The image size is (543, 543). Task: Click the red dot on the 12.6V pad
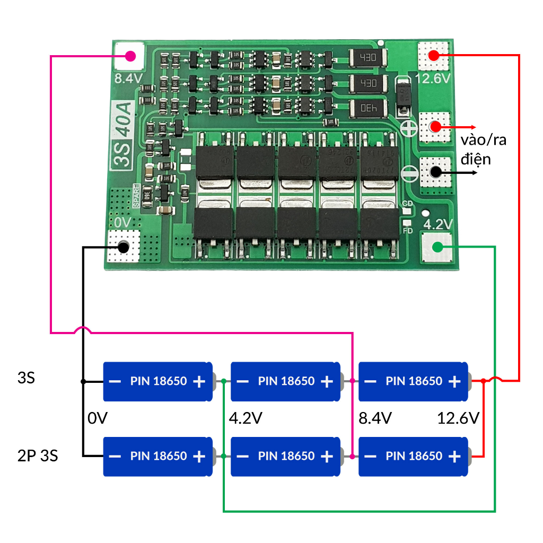click(x=434, y=55)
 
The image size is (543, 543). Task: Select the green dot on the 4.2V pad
click(x=437, y=247)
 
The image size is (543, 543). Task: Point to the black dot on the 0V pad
click(x=124, y=247)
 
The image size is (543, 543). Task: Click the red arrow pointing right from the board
click(x=461, y=127)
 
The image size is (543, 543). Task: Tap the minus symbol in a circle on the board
click(x=409, y=173)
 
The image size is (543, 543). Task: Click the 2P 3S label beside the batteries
click(x=38, y=456)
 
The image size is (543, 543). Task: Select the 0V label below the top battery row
click(x=98, y=418)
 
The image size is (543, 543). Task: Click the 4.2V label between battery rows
click(x=245, y=418)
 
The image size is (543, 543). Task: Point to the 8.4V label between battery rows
click(x=375, y=418)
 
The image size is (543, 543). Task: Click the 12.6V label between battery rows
click(x=458, y=418)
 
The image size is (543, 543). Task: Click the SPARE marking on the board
click(x=137, y=196)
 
